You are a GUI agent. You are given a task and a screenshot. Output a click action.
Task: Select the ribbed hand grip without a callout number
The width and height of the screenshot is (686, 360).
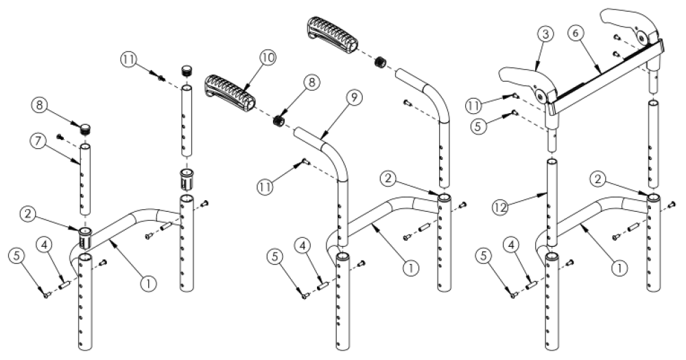(331, 33)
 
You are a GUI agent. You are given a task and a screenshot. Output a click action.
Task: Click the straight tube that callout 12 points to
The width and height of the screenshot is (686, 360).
(553, 199)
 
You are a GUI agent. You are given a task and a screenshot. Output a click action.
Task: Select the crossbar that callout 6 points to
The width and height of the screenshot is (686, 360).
(604, 72)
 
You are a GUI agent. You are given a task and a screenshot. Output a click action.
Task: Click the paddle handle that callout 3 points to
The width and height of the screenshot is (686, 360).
(521, 79)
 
